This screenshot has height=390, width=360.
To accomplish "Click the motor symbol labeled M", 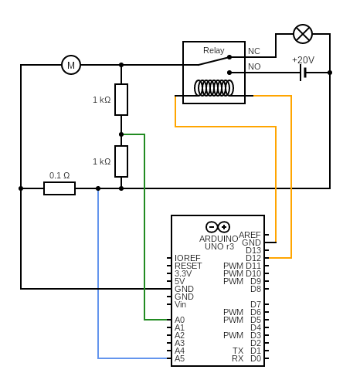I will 71,65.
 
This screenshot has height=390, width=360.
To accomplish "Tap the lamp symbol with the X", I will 303,34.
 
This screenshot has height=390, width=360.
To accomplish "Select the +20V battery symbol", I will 304,73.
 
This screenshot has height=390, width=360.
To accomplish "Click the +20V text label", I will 303,60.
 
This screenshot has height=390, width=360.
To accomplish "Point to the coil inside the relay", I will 214,88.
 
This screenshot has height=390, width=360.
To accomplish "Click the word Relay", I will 214,50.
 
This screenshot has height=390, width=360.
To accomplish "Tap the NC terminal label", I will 254,51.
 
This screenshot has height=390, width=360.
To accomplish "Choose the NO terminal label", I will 254,66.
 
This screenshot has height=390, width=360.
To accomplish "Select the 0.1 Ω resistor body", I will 59,188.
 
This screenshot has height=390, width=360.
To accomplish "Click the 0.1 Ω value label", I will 59,175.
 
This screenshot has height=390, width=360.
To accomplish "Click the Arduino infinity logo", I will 218,227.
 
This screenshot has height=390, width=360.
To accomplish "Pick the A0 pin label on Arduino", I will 179,320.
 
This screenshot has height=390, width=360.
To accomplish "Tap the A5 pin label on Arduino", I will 179,358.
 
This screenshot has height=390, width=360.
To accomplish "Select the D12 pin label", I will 253,258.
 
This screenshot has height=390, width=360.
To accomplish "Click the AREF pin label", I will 250,235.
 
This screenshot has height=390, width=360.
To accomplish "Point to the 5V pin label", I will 179,281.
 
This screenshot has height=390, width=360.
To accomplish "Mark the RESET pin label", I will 188,266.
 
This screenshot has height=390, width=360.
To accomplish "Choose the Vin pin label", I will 180,304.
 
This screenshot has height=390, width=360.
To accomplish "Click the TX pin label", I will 238,351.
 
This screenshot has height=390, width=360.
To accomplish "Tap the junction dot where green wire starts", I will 121,134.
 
